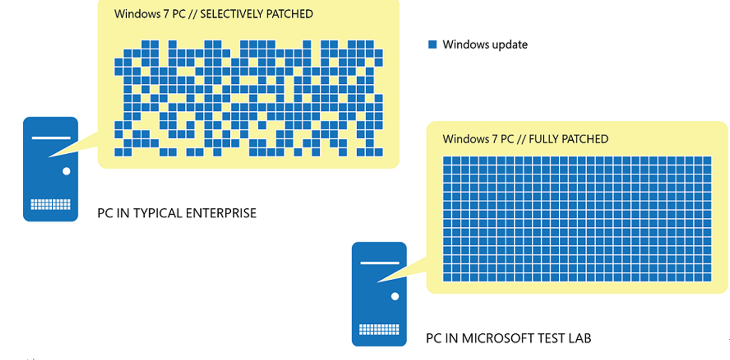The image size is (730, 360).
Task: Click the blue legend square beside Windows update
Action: (x=432, y=45)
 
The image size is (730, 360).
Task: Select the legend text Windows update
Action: (x=485, y=45)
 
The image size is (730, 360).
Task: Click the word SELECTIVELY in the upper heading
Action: (x=232, y=14)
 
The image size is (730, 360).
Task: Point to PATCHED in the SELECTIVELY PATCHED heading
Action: (x=289, y=14)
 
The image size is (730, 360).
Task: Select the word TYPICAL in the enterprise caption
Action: (x=154, y=213)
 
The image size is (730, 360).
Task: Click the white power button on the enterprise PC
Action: (x=66, y=171)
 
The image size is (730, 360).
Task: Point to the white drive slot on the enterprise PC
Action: (x=51, y=138)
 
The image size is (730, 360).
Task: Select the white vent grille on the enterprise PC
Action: (x=50, y=204)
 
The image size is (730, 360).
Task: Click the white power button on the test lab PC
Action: (x=395, y=296)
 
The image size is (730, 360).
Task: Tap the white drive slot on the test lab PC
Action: (x=379, y=263)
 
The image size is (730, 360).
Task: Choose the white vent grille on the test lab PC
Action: (x=379, y=330)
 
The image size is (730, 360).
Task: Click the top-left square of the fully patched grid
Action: (x=447, y=161)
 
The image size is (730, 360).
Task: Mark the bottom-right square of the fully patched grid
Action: (x=707, y=277)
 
